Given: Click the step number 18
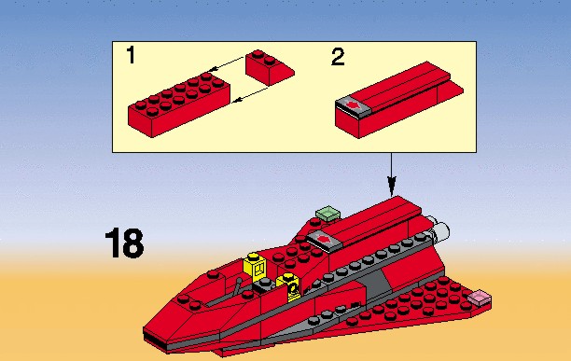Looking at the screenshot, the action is (124, 243).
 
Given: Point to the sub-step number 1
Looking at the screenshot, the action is (131, 55).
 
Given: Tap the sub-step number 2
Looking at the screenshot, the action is (338, 57).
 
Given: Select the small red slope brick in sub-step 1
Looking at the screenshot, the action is (270, 67).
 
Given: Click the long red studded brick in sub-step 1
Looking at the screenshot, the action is (179, 104).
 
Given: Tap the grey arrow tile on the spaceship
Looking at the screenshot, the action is (325, 242).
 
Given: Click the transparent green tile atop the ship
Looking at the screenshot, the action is (327, 214).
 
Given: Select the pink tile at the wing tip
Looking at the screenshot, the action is (480, 298).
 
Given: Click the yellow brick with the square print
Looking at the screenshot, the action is (256, 267).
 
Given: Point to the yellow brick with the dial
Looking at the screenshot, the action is (288, 287).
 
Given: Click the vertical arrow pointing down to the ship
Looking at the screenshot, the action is (392, 174).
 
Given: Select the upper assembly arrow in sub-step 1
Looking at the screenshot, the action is (226, 64).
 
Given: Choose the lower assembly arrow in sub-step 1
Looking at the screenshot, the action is (251, 92).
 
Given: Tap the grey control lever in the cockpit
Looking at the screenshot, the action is (237, 287).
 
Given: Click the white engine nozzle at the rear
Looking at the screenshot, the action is (439, 229).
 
